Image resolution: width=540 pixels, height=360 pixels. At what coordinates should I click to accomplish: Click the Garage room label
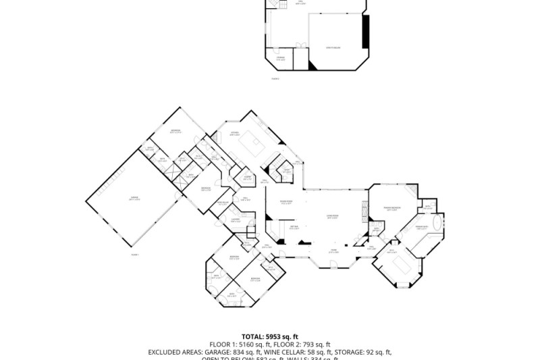135,198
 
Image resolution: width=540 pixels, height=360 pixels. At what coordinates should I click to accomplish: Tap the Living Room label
333,217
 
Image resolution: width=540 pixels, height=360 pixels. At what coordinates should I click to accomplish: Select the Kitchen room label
234,134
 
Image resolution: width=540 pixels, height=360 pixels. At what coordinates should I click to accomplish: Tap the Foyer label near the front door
333,251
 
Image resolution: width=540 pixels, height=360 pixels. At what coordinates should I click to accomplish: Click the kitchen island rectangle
256,143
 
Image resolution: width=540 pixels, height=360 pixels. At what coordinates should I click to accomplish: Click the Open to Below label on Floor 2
333,47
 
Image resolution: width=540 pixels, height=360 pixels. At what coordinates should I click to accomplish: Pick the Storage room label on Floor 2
281,59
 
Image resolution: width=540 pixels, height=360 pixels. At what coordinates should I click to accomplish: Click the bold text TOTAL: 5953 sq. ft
270,336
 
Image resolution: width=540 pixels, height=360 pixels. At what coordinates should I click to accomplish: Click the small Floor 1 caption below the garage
134,255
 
